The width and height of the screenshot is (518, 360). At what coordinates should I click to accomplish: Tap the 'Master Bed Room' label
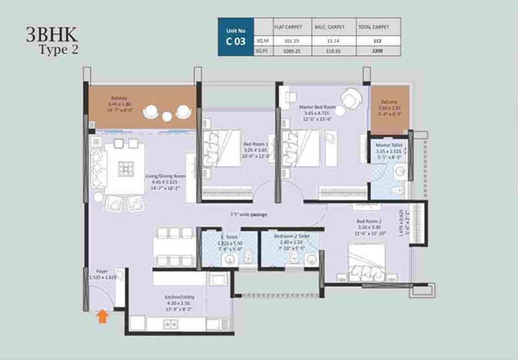[317, 107]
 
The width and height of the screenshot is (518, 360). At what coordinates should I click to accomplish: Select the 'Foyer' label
[102, 272]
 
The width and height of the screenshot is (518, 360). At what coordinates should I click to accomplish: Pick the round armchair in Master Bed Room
[352, 97]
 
